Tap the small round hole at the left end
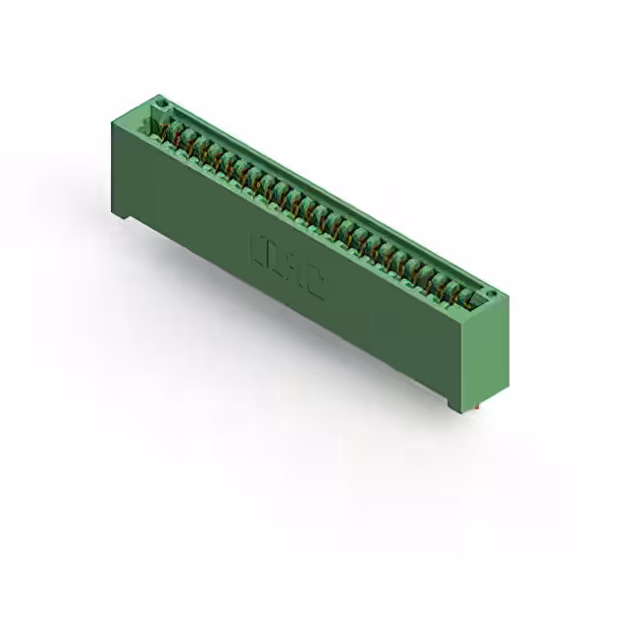coord(163,102)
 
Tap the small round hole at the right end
coord(490,294)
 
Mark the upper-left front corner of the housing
coord(112,119)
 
